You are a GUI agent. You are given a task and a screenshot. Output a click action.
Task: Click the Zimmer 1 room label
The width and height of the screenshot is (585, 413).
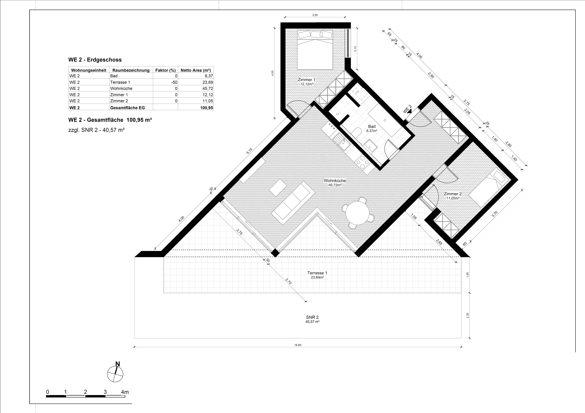click(307, 80)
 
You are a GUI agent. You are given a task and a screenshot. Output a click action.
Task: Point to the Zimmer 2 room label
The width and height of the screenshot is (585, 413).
click(453, 194)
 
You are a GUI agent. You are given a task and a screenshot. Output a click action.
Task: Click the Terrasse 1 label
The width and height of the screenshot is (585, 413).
click(317, 273)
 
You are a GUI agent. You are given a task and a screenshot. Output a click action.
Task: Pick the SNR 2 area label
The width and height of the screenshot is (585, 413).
click(312, 317)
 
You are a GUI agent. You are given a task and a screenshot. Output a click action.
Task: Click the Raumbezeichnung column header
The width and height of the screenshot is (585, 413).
click(131, 70)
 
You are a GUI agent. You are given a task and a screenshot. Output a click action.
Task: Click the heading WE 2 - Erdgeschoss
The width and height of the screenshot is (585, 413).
click(95, 60)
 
